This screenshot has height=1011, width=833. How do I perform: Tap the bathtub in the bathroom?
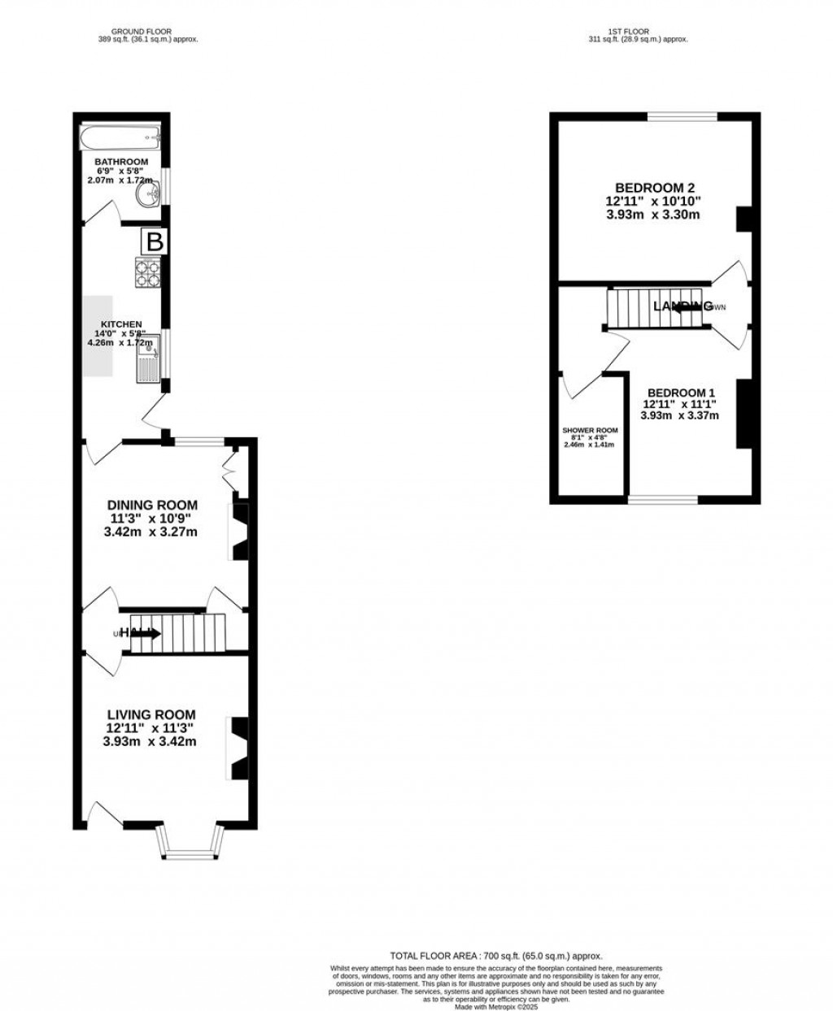point(121,138)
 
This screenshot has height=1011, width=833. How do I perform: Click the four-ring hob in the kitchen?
point(147,272)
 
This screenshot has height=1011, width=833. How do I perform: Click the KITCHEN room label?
point(121,324)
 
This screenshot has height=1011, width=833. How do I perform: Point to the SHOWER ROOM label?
point(590,431)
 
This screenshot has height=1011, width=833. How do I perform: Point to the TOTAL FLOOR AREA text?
point(496,957)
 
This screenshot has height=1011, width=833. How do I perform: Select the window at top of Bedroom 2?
point(683,117)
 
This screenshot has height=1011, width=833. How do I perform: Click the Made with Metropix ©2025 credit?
point(496,1007)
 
